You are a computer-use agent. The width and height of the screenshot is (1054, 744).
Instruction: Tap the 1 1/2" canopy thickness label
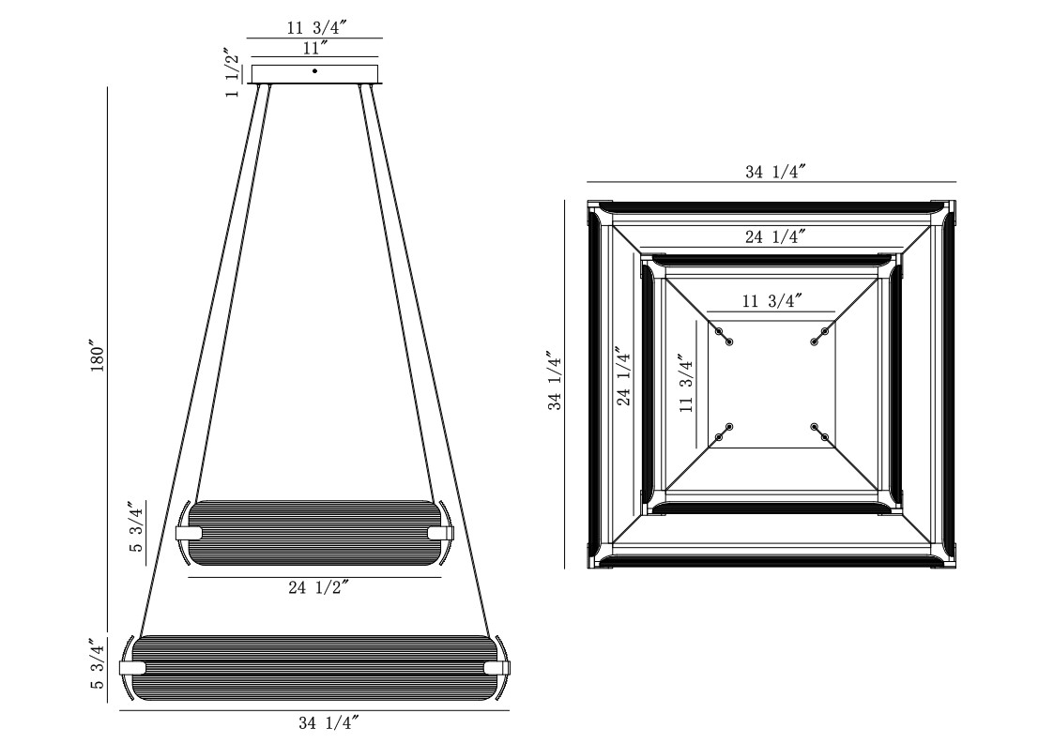click(x=232, y=72)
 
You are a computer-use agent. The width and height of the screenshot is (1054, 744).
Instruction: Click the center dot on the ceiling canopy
click(x=314, y=70)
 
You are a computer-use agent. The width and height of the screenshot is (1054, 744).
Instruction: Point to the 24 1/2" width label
click(x=318, y=587)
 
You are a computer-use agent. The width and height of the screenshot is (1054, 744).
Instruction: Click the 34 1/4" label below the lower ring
click(x=328, y=723)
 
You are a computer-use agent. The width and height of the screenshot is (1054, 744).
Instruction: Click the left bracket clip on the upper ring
click(x=189, y=533)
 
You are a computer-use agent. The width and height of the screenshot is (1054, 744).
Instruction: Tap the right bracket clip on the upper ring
click(x=440, y=533)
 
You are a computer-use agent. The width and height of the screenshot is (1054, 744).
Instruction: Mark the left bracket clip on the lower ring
click(x=132, y=668)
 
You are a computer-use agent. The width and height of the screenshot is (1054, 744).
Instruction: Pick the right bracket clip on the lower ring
click(x=496, y=668)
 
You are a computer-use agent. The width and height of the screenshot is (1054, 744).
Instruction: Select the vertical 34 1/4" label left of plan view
click(x=555, y=380)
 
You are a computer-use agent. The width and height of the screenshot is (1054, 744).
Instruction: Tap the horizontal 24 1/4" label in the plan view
click(x=775, y=236)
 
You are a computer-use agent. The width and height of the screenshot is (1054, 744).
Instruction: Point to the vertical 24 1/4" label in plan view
click(x=624, y=376)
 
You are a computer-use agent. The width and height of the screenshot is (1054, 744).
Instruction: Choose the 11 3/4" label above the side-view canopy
click(x=316, y=28)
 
